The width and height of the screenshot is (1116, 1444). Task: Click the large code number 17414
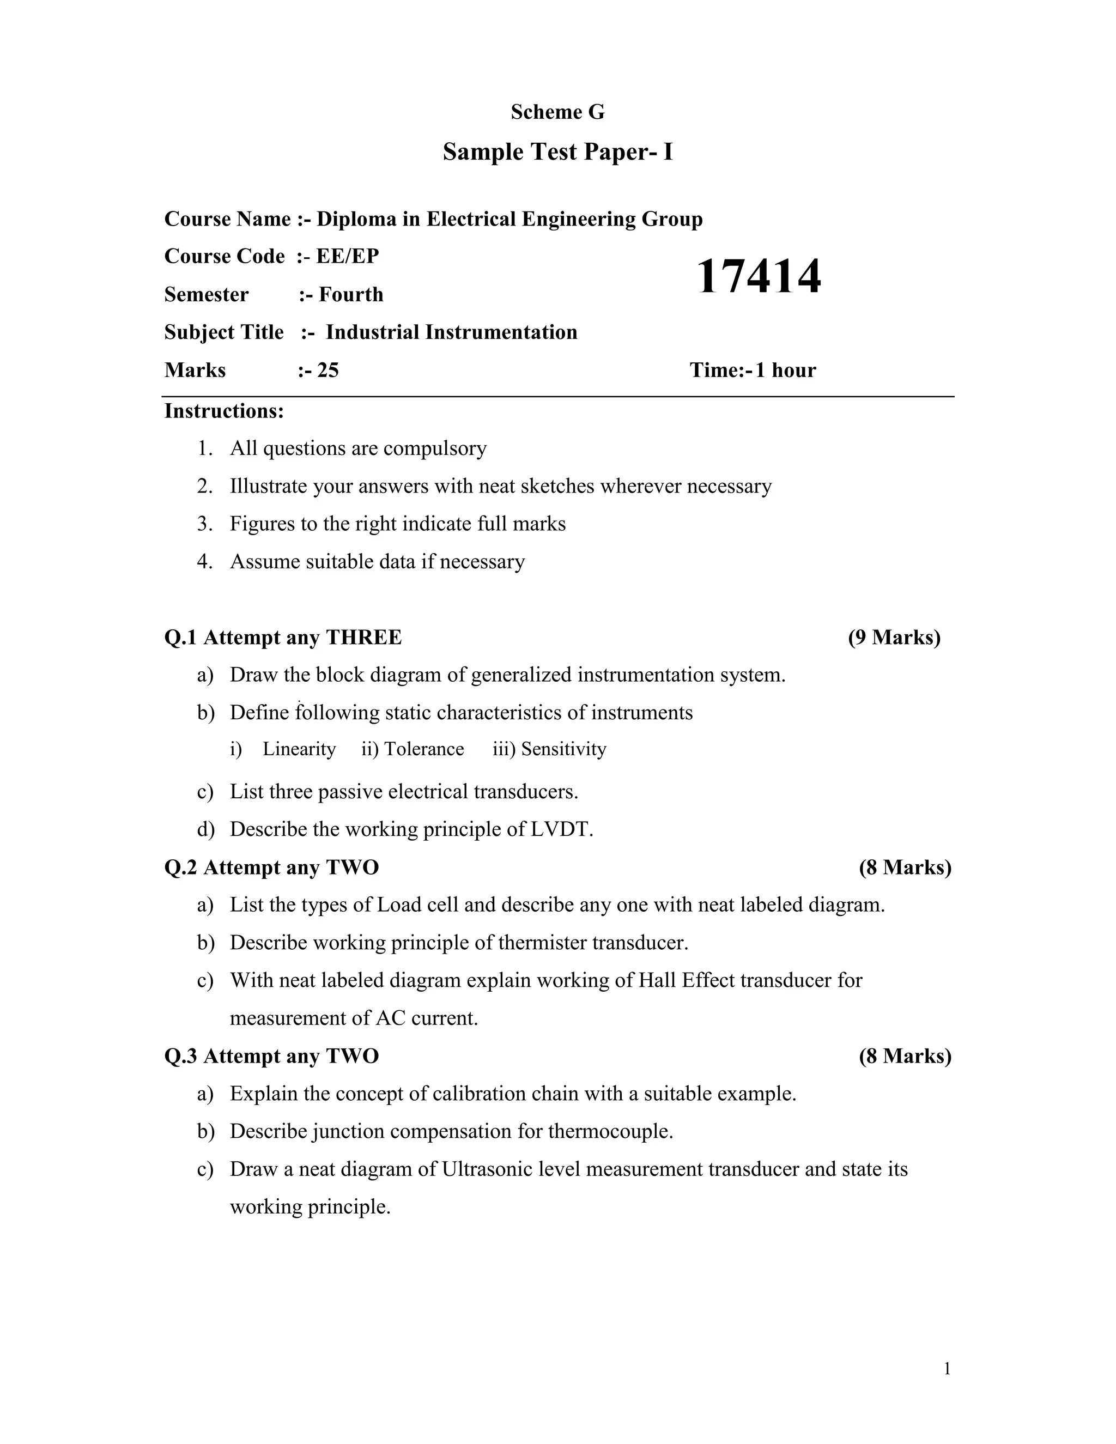tap(759, 276)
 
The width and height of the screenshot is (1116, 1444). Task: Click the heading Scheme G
tap(557, 112)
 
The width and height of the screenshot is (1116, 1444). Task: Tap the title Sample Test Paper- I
tap(557, 152)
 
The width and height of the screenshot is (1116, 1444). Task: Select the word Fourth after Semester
tap(351, 294)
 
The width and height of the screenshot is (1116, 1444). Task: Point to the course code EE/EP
tap(347, 256)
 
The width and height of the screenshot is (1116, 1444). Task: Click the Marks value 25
tap(328, 370)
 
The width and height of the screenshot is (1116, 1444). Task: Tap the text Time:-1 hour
tap(753, 370)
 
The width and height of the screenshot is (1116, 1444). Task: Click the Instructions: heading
tap(224, 411)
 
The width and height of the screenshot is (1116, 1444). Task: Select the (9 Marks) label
tap(894, 638)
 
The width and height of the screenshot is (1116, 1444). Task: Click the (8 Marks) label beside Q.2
tap(905, 867)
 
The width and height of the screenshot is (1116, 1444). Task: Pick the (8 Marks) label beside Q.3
tap(905, 1056)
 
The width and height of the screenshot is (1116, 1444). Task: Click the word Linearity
tap(299, 749)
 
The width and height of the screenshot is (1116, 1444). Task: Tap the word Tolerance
tap(424, 749)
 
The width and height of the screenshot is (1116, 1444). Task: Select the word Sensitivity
tap(563, 749)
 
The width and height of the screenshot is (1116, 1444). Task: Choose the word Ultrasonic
tap(487, 1169)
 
